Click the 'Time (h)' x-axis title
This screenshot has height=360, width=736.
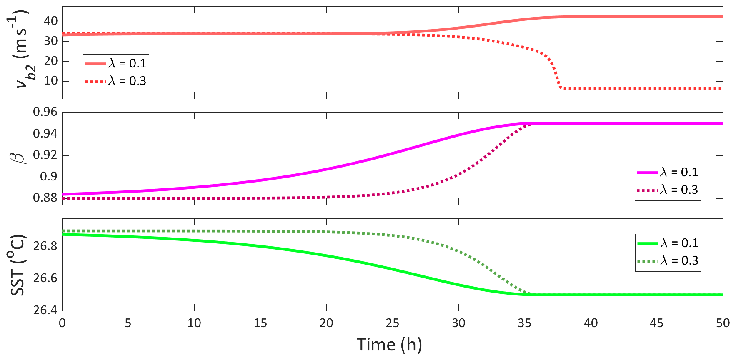[389, 345]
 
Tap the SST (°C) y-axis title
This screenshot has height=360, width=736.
[18, 265]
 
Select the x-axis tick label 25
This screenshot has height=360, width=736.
[392, 323]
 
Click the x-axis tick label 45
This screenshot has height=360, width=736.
[657, 323]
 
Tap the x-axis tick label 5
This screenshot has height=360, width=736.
[128, 323]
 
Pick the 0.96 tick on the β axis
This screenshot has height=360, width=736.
[45, 112]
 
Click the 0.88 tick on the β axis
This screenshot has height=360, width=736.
[45, 198]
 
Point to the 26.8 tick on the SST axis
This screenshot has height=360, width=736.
[45, 246]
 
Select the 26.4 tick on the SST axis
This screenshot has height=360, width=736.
[45, 310]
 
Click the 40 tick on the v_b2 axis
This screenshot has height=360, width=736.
[51, 21]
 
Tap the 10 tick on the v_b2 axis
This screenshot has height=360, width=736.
[51, 81]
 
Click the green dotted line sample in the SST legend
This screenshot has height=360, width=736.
[648, 261]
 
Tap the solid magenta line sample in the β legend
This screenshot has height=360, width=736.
[647, 172]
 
